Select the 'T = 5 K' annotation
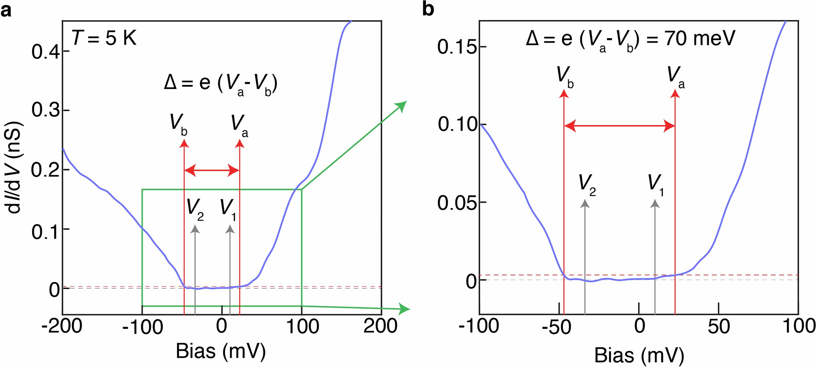pyautogui.click(x=104, y=38)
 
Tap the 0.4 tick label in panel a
pyautogui.click(x=45, y=52)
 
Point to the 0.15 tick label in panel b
pyautogui.click(x=457, y=47)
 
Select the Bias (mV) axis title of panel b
pyautogui.click(x=639, y=355)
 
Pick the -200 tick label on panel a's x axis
pyautogui.click(x=62, y=326)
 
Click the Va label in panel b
pyautogui.click(x=675, y=76)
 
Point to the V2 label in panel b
pyautogui.click(x=586, y=184)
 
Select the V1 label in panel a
pyautogui.click(x=228, y=208)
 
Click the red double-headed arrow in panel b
pyautogui.click(x=619, y=126)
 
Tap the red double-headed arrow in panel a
pyautogui.click(x=212, y=171)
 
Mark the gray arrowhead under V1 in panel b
pyautogui.click(x=655, y=204)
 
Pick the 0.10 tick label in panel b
pyautogui.click(x=457, y=124)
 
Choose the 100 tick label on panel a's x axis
pyautogui.click(x=303, y=326)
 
